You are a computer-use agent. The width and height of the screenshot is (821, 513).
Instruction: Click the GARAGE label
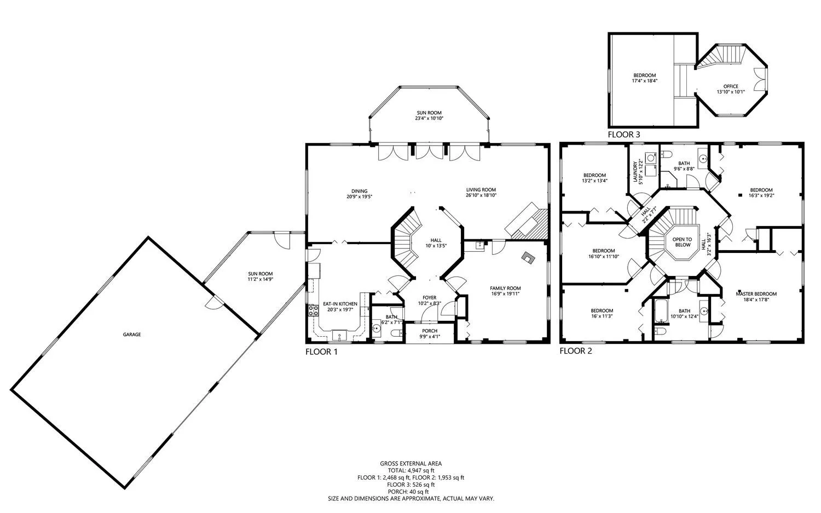131,335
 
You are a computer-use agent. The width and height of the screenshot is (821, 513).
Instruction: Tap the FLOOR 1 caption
321,352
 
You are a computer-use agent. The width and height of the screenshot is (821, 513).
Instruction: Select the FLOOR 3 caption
624,135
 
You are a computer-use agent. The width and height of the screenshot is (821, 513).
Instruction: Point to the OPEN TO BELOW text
682,242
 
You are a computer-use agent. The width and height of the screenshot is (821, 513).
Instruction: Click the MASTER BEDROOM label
756,293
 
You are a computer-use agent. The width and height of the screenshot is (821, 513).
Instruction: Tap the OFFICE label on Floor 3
731,87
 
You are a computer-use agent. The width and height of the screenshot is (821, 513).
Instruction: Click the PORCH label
430,331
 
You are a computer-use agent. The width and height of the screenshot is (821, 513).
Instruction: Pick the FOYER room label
430,298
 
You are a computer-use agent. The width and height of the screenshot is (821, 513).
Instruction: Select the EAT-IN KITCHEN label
340,304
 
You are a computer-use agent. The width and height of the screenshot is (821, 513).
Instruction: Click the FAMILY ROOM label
505,288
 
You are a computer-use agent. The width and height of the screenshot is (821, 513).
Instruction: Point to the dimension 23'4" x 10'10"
429,118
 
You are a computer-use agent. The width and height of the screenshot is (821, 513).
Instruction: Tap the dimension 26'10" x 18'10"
481,195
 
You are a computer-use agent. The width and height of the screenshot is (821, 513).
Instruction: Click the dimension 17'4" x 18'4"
645,80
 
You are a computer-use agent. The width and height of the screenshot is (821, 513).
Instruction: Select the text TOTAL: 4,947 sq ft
411,470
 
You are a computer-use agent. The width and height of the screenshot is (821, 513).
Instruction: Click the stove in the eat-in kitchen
314,310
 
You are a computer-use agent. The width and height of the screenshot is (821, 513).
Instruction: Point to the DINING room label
359,191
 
